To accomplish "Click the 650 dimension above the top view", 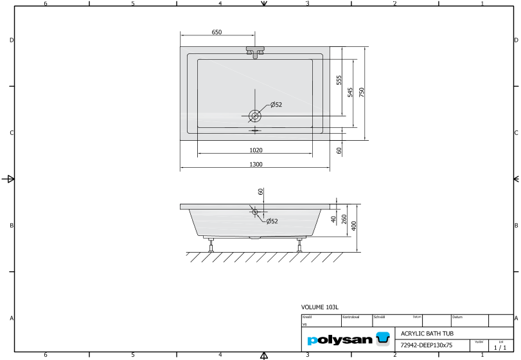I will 216,32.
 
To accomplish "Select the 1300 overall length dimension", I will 255,165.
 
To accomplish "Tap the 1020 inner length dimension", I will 255,150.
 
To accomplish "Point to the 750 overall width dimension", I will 362,92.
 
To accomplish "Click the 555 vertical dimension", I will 339,80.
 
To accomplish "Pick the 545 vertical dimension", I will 350,92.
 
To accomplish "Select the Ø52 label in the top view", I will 276,104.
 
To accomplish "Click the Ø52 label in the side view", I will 272,221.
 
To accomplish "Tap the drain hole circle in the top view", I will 255,116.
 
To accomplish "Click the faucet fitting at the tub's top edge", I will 255,51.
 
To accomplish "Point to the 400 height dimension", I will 354,226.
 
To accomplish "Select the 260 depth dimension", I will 344,219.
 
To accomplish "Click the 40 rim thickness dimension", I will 334,219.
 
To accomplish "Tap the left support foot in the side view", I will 211,244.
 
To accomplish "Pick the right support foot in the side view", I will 299,244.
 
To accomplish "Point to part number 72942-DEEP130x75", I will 426,345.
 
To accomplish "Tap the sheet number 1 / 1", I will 501,347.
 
